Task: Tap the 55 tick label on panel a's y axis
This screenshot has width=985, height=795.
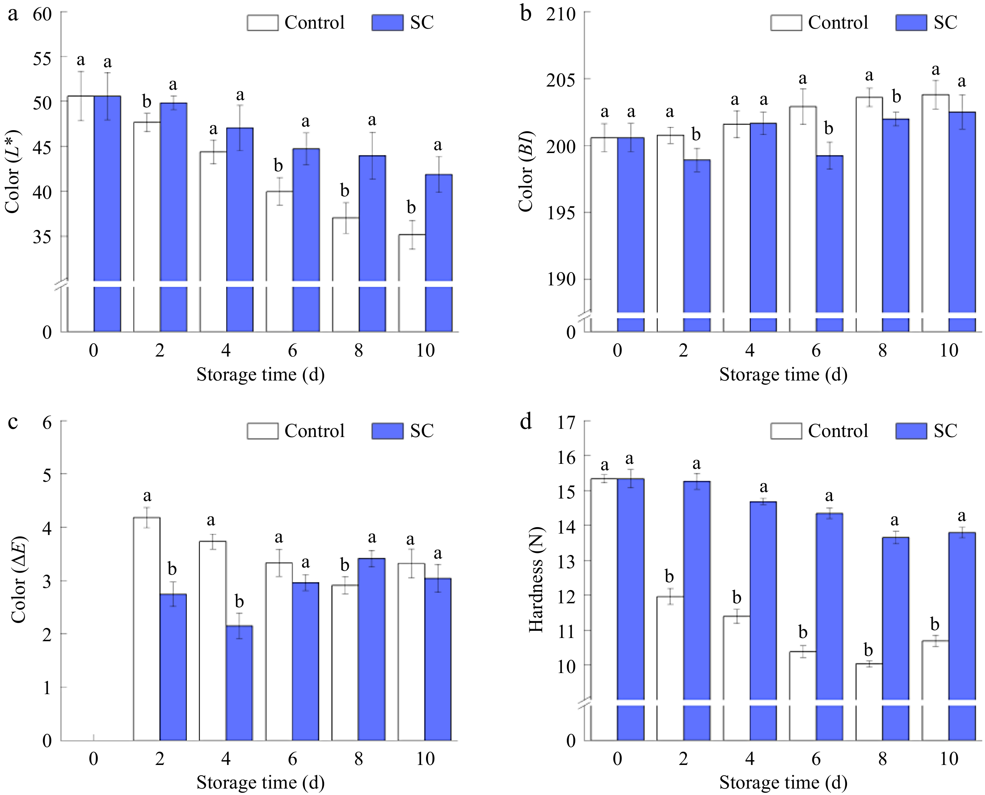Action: pyautogui.click(x=42, y=58)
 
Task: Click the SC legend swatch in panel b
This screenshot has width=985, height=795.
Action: pyautogui.click(x=911, y=23)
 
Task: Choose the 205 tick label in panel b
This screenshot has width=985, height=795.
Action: pyautogui.click(x=561, y=80)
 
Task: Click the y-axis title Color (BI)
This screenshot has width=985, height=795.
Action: pyautogui.click(x=525, y=172)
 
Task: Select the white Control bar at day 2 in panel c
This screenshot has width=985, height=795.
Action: pyautogui.click(x=147, y=627)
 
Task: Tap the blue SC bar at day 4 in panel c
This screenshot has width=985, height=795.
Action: pyautogui.click(x=239, y=682)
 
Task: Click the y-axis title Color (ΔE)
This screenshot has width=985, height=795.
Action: pyautogui.click(x=18, y=579)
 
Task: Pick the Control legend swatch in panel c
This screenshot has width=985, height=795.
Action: pyautogui.click(x=262, y=431)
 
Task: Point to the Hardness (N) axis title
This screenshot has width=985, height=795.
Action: pyautogui.click(x=535, y=579)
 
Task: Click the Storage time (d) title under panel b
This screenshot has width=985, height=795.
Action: pyautogui.click(x=783, y=374)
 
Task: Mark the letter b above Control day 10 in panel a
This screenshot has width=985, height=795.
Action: pyautogui.click(x=411, y=207)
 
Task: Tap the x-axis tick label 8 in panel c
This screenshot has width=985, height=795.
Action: pyautogui.click(x=358, y=759)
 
